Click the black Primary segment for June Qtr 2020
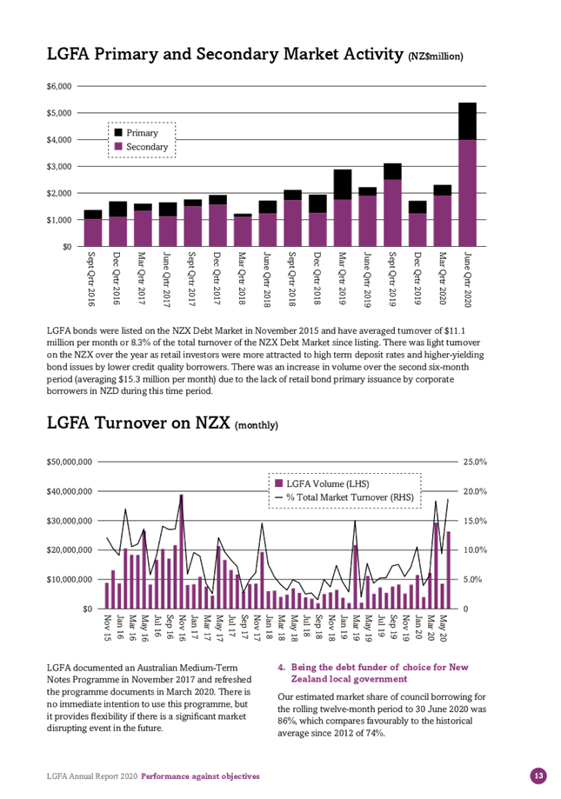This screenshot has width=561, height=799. (x=467, y=121)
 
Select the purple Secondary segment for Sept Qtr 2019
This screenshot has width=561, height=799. (x=392, y=213)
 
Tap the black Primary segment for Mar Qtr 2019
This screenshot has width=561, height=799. (x=343, y=184)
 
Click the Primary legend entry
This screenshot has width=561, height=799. (x=136, y=133)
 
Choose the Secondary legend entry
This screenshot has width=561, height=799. (x=141, y=147)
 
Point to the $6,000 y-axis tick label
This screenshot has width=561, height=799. (x=60, y=86)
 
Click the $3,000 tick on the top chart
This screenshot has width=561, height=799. (x=60, y=167)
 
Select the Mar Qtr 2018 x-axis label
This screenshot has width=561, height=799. (x=243, y=278)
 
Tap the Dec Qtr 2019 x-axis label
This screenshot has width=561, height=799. (x=417, y=278)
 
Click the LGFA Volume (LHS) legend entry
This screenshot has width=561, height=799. (x=322, y=483)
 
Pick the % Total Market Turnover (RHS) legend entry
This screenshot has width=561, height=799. (x=344, y=497)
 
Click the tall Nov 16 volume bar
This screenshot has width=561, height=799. (x=181, y=551)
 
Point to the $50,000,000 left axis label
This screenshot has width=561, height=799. (x=70, y=463)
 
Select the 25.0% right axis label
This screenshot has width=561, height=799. (x=475, y=463)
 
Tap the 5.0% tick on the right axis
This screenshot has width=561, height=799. (x=472, y=579)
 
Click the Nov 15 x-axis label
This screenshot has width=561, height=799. (x=108, y=628)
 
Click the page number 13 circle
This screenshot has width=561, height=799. (x=538, y=776)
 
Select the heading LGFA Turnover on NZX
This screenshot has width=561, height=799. (x=138, y=423)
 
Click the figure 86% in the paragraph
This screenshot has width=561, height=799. (x=286, y=721)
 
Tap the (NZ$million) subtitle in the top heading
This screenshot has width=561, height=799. (x=436, y=57)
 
